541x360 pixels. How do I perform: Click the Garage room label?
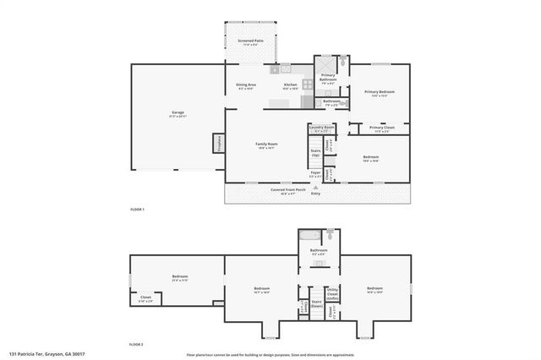pyautogui.click(x=178, y=113)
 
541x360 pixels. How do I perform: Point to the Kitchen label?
pyautogui.click(x=290, y=85)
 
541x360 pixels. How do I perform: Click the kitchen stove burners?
pyautogui.click(x=286, y=68)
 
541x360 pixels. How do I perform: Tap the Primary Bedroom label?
pyautogui.click(x=380, y=93)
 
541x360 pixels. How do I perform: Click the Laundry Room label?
pyautogui.click(x=321, y=129)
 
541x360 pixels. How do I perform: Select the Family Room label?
pyautogui.click(x=267, y=145)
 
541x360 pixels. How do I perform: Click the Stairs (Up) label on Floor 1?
pyautogui.click(x=315, y=155)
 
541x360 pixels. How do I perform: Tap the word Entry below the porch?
pyautogui.click(x=315, y=194)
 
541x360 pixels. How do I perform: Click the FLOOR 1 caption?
pyautogui.click(x=137, y=209)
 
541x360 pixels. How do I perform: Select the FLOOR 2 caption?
pyautogui.click(x=137, y=345)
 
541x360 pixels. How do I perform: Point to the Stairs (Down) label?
pyautogui.click(x=316, y=303)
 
